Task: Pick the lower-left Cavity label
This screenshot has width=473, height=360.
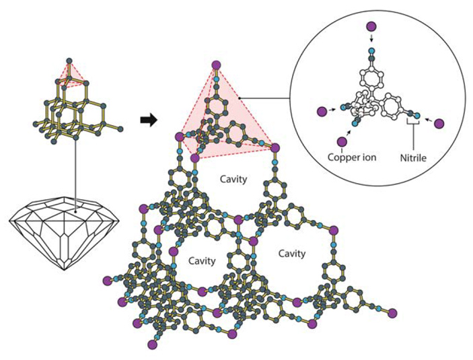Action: (x=201, y=259)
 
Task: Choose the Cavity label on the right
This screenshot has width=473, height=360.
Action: (x=291, y=254)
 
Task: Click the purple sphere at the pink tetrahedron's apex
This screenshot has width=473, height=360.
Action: (x=216, y=65)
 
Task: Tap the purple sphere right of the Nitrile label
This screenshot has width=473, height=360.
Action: (x=439, y=123)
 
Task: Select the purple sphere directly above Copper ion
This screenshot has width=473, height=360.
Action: (x=343, y=141)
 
